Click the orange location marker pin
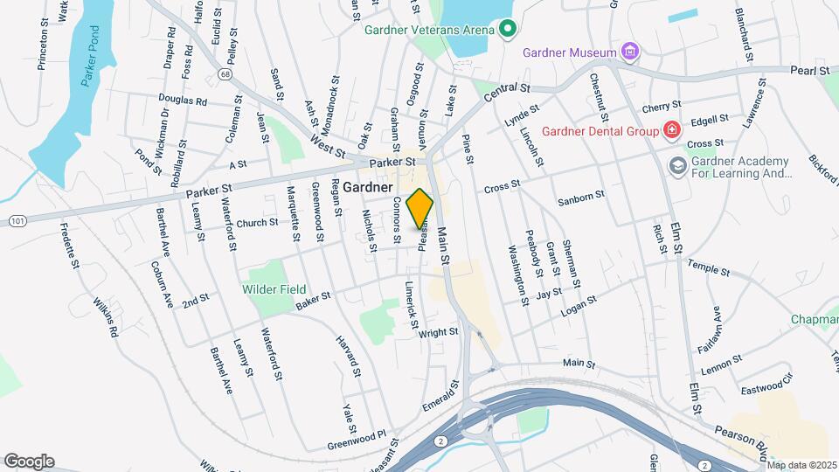pyautogui.click(x=420, y=209)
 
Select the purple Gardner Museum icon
pyautogui.click(x=629, y=52)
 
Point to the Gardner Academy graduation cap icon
pyautogui.click(x=677, y=165)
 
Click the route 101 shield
pyautogui.click(x=17, y=222)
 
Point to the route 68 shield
pyautogui.click(x=226, y=75)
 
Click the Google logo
pyautogui.click(x=29, y=461)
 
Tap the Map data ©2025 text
pyautogui.click(x=801, y=465)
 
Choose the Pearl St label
pyautogui.click(x=809, y=70)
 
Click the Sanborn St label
pyautogui.click(x=583, y=198)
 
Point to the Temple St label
pyautogui.click(x=708, y=267)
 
